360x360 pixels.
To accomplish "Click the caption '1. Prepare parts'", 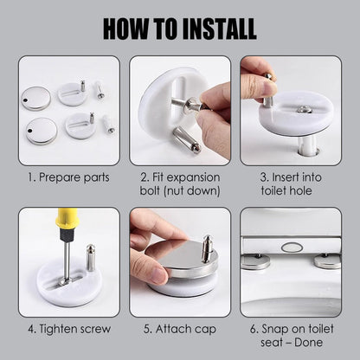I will [68, 177].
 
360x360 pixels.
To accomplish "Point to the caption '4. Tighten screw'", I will [68, 328].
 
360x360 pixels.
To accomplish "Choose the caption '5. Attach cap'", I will [179, 328].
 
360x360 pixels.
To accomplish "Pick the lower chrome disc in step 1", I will [42, 132].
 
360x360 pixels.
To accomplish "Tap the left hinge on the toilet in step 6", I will [256, 262].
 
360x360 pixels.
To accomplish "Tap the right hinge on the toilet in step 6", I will [327, 262].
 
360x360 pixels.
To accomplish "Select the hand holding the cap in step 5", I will [156, 235].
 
